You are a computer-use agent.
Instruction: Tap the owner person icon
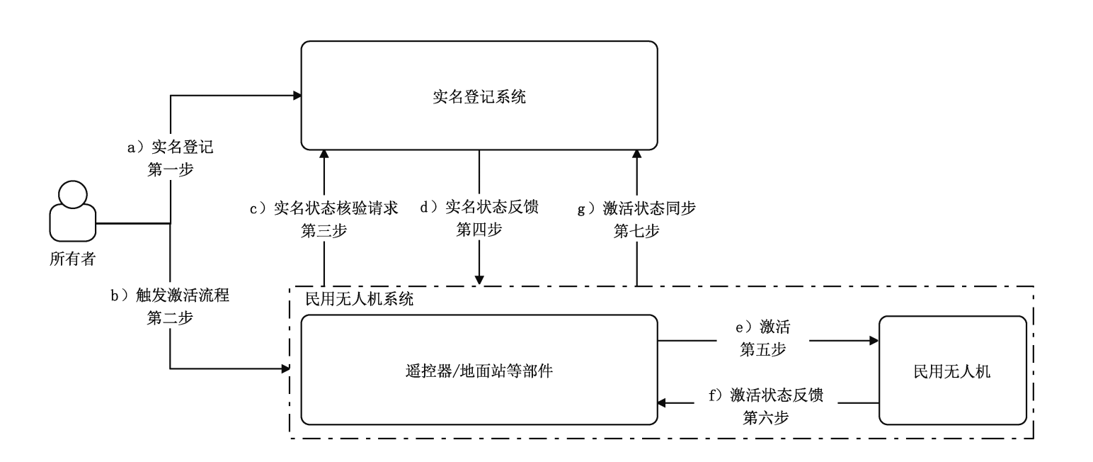(x=73, y=212)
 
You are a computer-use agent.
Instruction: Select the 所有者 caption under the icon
(x=72, y=259)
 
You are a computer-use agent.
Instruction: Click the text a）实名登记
(x=169, y=148)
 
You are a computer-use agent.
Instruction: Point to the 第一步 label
(x=169, y=170)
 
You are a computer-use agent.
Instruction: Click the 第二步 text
(x=169, y=318)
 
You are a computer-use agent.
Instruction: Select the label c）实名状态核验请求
(x=324, y=209)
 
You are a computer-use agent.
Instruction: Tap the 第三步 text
(x=324, y=230)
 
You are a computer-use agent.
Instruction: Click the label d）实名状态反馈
(x=479, y=209)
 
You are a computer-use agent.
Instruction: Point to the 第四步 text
(x=479, y=230)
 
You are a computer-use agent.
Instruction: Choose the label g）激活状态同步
(x=637, y=209)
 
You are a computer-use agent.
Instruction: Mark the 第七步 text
(x=637, y=230)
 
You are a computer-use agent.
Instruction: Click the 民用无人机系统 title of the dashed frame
(x=358, y=299)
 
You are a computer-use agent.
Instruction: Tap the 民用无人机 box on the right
(x=952, y=370)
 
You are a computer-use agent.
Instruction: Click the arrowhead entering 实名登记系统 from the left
(x=297, y=94)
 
